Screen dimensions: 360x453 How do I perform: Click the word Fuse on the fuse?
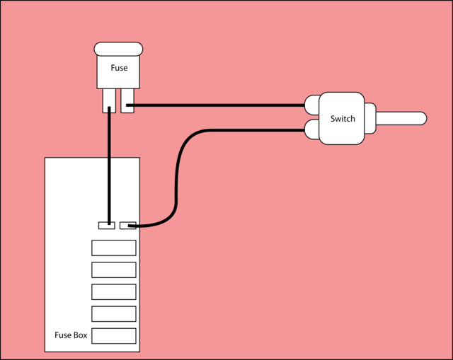click(119, 69)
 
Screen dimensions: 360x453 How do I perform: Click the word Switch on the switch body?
click(343, 118)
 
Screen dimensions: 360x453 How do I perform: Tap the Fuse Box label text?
click(71, 335)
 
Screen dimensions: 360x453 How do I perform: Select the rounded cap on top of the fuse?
click(119, 49)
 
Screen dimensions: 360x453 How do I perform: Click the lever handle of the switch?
click(400, 118)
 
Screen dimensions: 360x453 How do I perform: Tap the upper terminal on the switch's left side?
click(311, 105)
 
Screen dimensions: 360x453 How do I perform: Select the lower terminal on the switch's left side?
click(311, 129)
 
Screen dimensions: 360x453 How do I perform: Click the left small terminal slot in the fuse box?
click(106, 226)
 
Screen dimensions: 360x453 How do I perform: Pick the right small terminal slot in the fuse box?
click(128, 226)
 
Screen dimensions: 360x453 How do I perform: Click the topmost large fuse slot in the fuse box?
click(113, 248)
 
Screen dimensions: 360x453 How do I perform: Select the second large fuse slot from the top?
click(113, 269)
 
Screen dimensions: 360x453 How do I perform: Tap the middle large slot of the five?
click(113, 291)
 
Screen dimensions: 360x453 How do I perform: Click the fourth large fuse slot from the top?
click(113, 313)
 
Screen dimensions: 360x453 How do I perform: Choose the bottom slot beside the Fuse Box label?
click(113, 335)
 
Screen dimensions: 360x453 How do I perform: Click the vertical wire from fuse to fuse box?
click(109, 166)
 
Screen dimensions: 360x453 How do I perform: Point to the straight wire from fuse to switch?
click(219, 105)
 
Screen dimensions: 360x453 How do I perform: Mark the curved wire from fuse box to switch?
click(176, 177)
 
